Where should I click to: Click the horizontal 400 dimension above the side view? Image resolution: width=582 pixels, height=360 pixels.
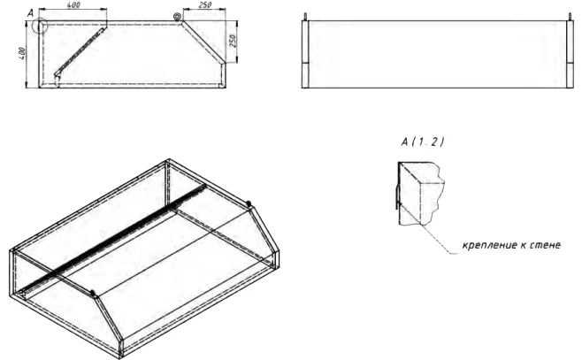point(74,5)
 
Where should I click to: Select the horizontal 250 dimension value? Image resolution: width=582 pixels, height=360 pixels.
point(204,5)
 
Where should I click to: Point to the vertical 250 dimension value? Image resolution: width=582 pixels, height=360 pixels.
point(233,41)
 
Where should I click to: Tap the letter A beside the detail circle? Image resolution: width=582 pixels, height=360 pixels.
point(30,13)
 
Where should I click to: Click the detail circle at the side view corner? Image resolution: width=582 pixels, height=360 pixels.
point(39,26)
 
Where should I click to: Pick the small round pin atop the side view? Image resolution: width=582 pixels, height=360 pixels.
point(177,16)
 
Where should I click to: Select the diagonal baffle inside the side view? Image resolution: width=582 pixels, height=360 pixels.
point(80,51)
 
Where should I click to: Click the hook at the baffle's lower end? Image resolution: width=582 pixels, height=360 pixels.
point(57,80)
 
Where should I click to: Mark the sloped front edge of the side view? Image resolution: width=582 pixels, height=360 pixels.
point(203,42)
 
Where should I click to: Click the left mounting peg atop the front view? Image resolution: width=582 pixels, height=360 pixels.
point(305,17)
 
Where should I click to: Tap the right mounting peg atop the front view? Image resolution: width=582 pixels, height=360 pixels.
point(571,17)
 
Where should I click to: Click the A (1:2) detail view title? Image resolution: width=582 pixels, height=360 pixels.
point(423,142)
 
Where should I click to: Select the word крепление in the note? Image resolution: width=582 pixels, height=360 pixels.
point(482,245)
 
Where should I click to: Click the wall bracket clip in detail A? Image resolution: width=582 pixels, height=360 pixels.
point(397,196)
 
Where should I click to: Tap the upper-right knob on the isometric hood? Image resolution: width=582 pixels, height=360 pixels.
point(249,203)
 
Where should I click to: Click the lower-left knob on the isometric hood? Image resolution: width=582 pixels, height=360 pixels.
point(92,295)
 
